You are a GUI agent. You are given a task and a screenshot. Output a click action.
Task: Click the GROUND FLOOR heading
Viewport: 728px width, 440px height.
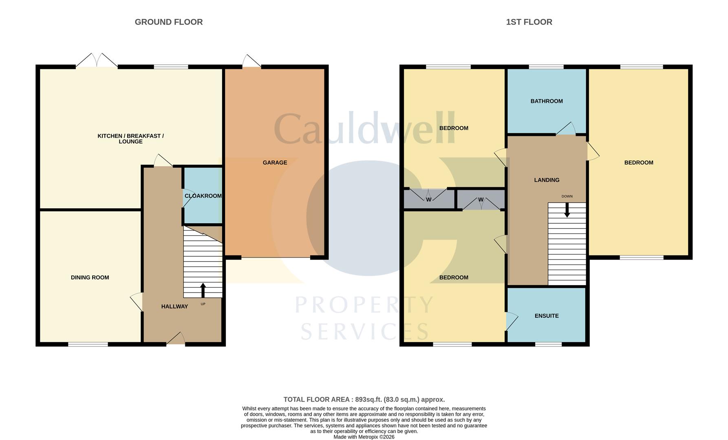[x=169, y=22]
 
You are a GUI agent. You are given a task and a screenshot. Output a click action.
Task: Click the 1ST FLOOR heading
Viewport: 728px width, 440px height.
[x=529, y=22]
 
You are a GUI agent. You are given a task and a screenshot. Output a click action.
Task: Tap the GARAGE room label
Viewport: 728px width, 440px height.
[x=275, y=163]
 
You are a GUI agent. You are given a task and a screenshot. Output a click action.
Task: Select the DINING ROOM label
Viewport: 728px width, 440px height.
[x=90, y=277]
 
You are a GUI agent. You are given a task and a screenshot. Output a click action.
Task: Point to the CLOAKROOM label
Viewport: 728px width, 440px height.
[x=203, y=196]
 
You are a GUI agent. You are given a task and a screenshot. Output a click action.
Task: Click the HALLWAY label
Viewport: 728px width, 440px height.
[x=174, y=306]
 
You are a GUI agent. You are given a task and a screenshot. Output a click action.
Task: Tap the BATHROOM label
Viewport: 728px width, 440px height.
[x=547, y=101]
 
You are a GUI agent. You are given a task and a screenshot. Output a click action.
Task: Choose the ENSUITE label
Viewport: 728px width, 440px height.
[x=547, y=316]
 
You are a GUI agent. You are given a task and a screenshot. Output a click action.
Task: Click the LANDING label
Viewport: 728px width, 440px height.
[x=547, y=180]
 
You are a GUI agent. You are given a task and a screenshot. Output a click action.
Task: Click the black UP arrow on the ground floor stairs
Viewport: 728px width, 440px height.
[x=203, y=290]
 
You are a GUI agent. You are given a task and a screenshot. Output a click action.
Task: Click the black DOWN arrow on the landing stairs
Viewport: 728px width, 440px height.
[x=567, y=210]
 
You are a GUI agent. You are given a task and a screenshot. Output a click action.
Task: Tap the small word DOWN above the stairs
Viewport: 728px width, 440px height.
[x=567, y=196]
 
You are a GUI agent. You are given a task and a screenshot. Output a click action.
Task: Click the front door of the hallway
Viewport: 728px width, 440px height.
[x=176, y=339]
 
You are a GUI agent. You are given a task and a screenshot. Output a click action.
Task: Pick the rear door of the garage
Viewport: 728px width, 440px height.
[x=251, y=61]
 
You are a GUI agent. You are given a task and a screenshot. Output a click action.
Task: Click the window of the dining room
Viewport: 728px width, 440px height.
[x=88, y=344]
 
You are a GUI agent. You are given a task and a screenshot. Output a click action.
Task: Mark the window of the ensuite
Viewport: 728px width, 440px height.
[x=548, y=344]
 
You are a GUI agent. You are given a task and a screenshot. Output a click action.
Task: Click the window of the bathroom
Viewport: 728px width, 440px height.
[x=546, y=67]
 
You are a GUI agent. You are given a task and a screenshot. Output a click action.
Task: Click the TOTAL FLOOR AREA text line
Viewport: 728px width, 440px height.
[x=364, y=400]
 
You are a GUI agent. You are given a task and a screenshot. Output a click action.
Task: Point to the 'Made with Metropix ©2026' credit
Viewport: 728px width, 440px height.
[x=364, y=437]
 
